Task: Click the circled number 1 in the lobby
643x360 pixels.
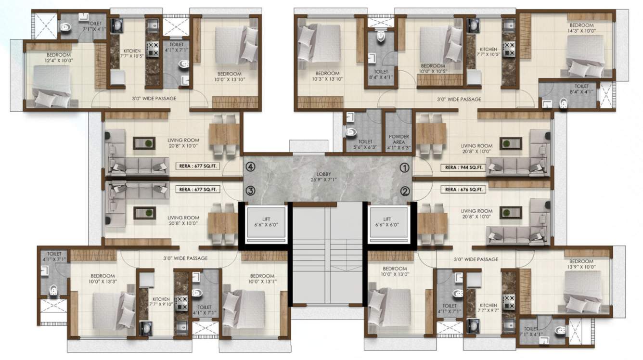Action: [405, 167]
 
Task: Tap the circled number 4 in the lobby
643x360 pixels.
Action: [249, 167]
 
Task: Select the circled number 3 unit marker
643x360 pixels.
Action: [249, 191]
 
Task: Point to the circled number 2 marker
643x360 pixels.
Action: [405, 191]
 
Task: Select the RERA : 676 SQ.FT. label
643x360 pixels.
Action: [461, 190]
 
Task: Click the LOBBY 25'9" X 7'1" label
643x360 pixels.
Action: [327, 177]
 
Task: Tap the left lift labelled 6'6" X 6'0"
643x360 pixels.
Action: [266, 222]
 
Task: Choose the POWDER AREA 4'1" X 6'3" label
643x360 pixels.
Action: [399, 140]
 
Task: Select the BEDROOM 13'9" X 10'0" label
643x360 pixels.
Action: [581, 264]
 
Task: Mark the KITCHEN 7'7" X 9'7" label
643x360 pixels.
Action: [488, 308]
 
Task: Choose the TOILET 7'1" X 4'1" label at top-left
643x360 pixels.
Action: [94, 26]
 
